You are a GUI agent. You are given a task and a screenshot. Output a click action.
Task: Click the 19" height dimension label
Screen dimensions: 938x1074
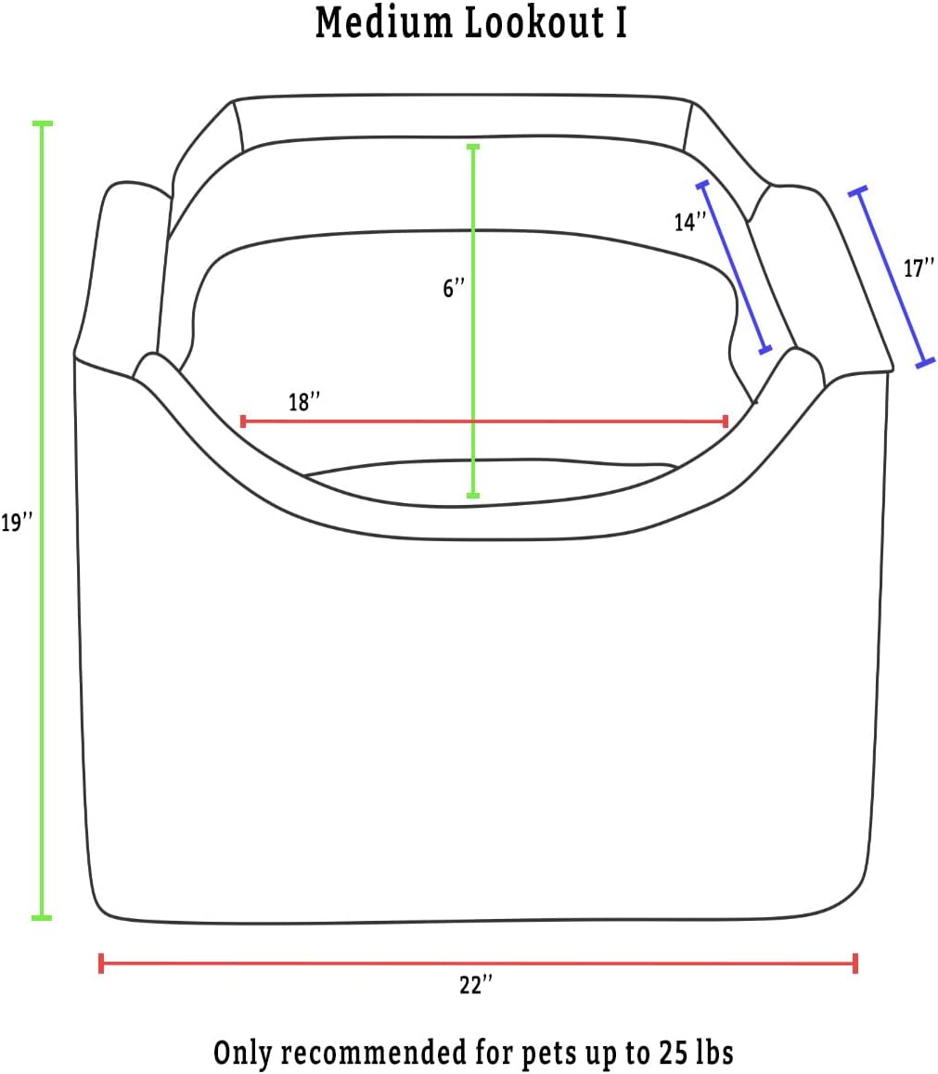click(x=17, y=523)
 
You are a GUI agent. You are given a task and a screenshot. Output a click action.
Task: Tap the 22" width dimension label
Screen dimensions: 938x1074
click(x=476, y=985)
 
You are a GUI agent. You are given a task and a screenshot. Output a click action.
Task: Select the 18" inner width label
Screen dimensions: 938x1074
click(x=304, y=402)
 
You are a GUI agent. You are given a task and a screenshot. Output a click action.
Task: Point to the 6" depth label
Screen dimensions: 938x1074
click(x=454, y=289)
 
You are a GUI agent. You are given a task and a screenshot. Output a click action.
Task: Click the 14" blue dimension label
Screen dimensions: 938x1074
click(x=689, y=222)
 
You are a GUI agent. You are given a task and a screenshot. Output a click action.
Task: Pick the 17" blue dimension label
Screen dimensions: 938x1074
click(x=919, y=268)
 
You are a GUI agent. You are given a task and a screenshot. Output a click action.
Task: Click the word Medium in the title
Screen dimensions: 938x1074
click(x=383, y=22)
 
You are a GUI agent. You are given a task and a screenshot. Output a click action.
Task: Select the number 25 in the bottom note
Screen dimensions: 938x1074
click(x=675, y=1052)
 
